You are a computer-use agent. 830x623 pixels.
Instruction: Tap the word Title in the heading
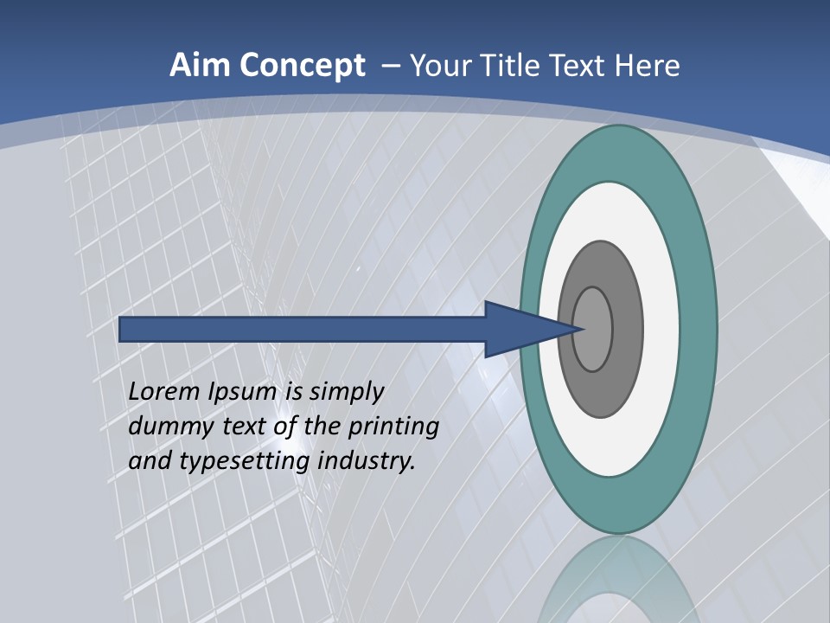(512, 66)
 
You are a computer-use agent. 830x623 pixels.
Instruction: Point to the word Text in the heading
(582, 66)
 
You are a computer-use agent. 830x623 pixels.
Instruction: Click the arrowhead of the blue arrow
(519, 330)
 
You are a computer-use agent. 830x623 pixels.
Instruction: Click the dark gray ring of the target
(601, 394)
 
